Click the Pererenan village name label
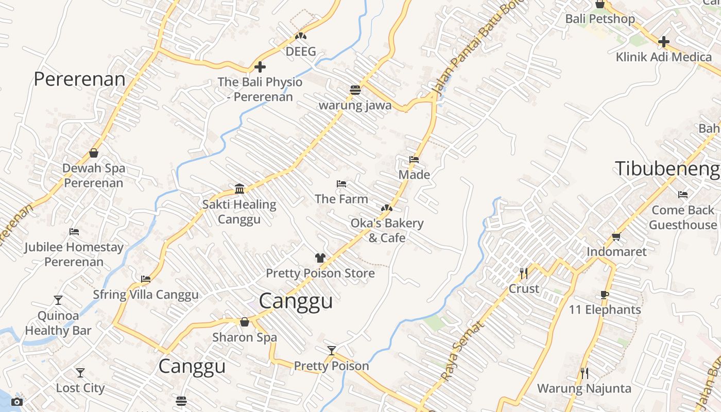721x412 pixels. click(x=79, y=79)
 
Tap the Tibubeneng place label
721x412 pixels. click(x=667, y=168)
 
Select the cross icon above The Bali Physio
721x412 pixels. click(x=260, y=67)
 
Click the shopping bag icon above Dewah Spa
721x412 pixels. click(x=94, y=153)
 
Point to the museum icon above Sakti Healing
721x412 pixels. click(x=239, y=188)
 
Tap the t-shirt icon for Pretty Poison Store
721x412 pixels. click(x=320, y=258)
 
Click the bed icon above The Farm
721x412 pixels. click(x=341, y=184)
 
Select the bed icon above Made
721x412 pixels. click(x=414, y=160)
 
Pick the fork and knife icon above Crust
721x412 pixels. click(x=524, y=273)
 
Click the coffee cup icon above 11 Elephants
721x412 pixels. click(x=605, y=295)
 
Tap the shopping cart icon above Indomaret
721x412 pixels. click(x=616, y=236)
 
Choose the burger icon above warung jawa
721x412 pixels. click(x=355, y=90)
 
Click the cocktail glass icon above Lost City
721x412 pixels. click(x=80, y=372)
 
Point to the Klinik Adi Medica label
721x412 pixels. click(x=664, y=57)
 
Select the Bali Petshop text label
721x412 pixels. click(x=600, y=19)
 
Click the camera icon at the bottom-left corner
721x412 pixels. click(x=17, y=402)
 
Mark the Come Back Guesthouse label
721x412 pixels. click(x=683, y=217)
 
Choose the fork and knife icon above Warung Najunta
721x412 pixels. click(x=584, y=373)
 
